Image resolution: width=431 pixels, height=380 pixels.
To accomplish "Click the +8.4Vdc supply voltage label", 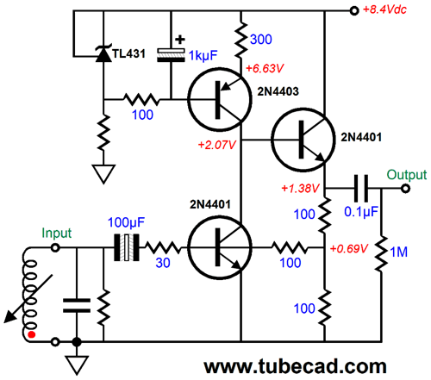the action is [x=384, y=9].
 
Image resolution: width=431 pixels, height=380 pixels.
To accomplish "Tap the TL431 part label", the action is [x=128, y=53].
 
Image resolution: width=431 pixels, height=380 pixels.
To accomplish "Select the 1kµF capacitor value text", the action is [x=203, y=56].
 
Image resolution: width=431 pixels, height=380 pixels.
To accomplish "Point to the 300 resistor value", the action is [x=261, y=40].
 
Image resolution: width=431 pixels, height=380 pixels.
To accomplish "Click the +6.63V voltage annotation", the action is [x=265, y=68].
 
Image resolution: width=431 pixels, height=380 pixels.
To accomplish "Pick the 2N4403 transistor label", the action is [x=278, y=91].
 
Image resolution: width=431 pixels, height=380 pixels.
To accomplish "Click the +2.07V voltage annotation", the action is [x=217, y=145].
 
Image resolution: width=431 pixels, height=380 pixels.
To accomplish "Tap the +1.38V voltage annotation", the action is [x=300, y=189].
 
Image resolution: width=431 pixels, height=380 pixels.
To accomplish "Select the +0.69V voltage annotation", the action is [x=349, y=248].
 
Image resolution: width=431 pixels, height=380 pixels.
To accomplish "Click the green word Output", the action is [x=407, y=175].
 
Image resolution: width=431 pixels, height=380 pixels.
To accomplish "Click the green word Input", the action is [x=56, y=234].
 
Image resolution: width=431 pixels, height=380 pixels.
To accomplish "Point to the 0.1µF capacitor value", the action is [x=361, y=212].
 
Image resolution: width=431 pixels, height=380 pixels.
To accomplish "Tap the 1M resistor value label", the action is [x=399, y=252].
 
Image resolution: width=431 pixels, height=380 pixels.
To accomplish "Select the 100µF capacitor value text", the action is [x=126, y=222].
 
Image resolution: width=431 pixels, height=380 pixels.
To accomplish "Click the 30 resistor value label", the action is [x=163, y=263].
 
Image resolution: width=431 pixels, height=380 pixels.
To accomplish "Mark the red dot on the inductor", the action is [x=32, y=334].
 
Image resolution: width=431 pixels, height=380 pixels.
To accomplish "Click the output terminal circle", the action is [x=405, y=189].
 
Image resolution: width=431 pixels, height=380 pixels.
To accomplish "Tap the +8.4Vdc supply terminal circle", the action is [x=354, y=11].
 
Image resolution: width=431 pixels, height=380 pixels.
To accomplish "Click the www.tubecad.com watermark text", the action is [x=295, y=367].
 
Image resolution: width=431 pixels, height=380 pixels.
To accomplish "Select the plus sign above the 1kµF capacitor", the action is [x=180, y=40].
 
